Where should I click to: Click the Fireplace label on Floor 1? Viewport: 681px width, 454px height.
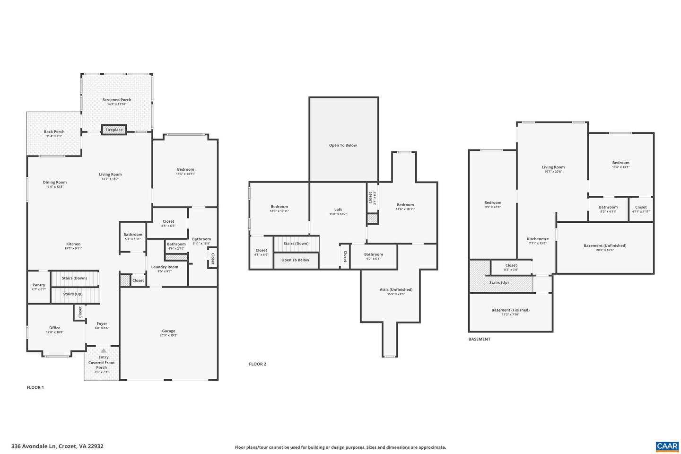114,130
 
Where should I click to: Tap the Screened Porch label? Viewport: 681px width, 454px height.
117,100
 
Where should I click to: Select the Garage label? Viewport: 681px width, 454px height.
168,331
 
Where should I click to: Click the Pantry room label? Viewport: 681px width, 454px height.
39,285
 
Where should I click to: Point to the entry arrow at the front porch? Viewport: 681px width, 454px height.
103,350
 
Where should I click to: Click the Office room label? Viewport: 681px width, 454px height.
55,328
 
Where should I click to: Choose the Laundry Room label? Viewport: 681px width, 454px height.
165,267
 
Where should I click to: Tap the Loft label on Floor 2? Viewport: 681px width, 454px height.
338,210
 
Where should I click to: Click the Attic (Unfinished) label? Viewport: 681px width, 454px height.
396,289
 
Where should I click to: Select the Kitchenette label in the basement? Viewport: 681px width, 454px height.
538,239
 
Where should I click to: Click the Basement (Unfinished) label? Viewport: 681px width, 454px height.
605,245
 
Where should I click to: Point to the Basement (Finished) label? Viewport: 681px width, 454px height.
510,310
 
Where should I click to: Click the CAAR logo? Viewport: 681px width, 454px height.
667,446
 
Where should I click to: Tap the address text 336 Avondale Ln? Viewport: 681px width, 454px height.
57,446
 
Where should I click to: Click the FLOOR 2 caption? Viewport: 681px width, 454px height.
258,364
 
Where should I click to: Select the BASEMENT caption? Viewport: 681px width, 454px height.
479,339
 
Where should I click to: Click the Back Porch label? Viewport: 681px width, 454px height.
54,132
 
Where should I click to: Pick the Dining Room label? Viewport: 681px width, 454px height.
55,182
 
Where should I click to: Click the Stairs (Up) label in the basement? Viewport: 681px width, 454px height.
499,282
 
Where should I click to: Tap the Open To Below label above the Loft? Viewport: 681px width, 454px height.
343,145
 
